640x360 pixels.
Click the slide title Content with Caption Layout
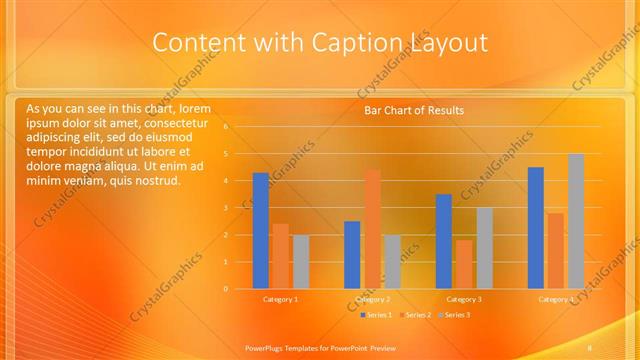[319, 43]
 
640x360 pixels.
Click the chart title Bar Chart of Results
[413, 110]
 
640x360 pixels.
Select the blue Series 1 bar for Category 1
[260, 231]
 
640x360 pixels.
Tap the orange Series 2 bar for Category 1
[280, 256]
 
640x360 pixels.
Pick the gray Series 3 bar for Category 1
[300, 262]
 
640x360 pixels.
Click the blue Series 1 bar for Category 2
[352, 255]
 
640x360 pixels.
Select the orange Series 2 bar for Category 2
[372, 229]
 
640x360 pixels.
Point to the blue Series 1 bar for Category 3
[444, 241]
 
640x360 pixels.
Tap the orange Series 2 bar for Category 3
[464, 264]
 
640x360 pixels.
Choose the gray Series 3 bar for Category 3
[484, 248]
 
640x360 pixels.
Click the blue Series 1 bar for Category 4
[536, 228]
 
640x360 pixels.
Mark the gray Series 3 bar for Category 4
[576, 221]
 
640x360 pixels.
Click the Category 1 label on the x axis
[280, 299]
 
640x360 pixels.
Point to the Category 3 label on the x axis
[464, 299]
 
